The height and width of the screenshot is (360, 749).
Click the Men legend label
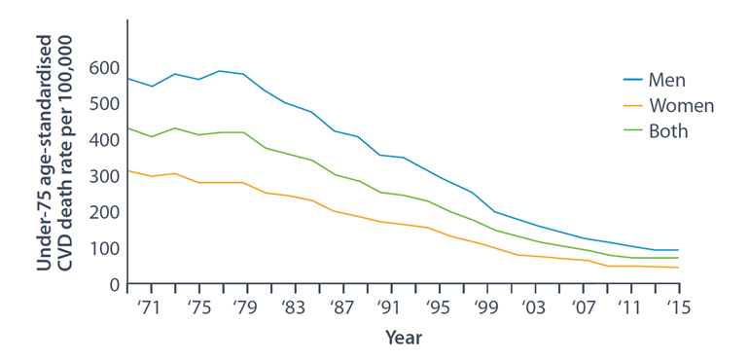point(667,81)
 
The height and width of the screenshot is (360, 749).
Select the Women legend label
point(681,106)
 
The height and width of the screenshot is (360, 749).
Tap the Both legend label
point(668,131)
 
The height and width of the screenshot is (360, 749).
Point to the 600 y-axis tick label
point(104,68)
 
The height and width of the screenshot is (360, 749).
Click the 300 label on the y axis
point(104,176)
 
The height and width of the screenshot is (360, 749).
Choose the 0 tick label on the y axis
point(114,284)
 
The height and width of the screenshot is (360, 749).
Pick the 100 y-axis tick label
point(104,249)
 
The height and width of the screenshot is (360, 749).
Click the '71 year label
point(151,307)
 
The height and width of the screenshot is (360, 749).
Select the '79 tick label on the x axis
point(247,307)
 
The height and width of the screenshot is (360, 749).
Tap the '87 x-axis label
point(343,307)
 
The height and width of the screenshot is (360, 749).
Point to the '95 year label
point(439,307)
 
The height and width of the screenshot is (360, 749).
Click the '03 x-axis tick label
point(535,307)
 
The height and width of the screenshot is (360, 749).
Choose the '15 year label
point(679,307)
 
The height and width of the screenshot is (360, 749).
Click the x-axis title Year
point(404,338)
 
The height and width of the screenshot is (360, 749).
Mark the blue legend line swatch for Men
point(633,80)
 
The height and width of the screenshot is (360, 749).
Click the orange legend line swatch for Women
point(633,105)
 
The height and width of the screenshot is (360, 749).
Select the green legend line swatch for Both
point(633,130)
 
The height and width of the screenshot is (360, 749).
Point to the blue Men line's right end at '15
point(679,250)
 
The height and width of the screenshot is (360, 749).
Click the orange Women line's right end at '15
point(679,268)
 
